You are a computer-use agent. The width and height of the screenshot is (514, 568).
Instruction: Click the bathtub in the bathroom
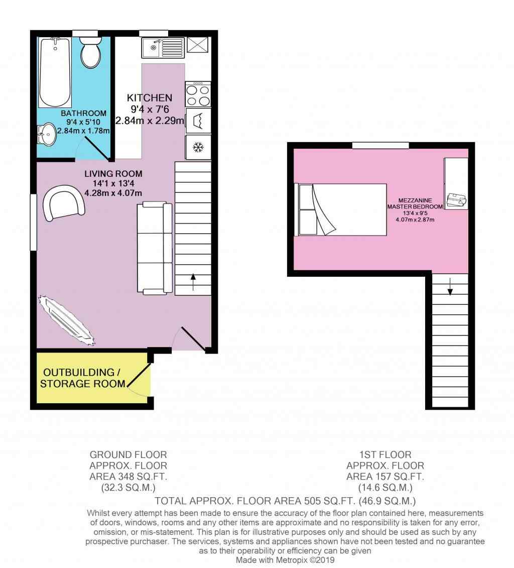tap(55, 72)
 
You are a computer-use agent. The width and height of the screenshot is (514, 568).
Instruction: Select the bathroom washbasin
tap(47, 135)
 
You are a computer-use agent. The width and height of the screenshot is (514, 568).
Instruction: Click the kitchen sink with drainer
tap(163, 48)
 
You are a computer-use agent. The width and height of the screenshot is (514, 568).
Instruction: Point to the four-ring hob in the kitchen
tap(198, 94)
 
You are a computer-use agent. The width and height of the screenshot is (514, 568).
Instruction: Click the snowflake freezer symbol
tap(198, 148)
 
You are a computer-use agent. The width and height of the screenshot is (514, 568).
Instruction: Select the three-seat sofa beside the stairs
tap(155, 248)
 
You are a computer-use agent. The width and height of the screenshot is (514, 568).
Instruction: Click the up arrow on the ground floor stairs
tap(193, 282)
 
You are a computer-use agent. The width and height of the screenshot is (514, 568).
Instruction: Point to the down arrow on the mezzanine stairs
tap(450, 287)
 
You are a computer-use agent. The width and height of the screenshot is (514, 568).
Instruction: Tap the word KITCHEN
tap(150, 98)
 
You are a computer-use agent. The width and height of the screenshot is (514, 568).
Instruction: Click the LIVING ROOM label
tap(113, 174)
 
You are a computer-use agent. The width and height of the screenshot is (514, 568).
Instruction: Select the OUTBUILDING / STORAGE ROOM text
tap(82, 378)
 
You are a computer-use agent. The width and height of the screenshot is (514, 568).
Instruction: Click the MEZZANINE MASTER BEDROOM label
tap(415, 203)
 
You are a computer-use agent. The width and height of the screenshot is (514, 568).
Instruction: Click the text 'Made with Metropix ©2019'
tap(285, 560)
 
